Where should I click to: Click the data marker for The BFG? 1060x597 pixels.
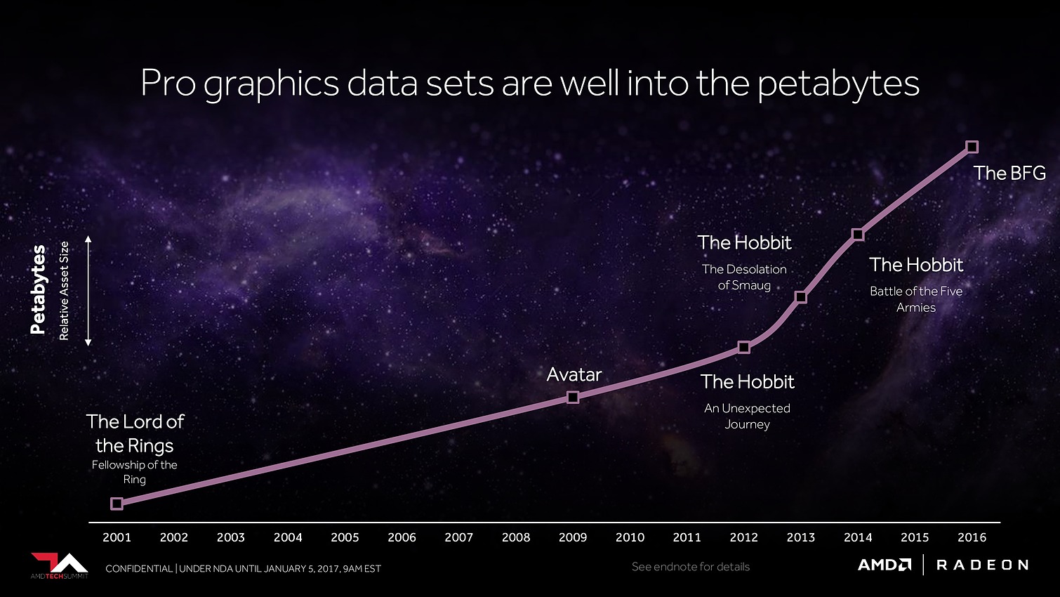972,147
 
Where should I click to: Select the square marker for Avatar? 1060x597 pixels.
573,398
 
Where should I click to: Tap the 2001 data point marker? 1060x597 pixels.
117,503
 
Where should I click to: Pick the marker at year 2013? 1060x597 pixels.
801,297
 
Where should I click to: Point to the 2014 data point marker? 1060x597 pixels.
858,234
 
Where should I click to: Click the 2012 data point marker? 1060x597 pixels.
744,347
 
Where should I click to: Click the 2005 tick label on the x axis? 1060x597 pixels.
345,537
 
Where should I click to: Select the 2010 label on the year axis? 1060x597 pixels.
630,537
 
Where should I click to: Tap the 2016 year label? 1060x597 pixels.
972,537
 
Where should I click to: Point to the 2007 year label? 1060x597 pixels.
458,537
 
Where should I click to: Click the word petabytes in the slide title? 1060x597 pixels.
838,84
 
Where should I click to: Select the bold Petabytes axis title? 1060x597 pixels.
38,289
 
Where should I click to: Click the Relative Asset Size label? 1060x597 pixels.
64,291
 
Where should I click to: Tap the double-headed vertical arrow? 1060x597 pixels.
88,291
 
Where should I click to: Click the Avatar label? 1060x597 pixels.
574,374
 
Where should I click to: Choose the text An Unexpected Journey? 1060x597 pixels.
747,416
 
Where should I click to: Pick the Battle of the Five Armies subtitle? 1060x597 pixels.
916,299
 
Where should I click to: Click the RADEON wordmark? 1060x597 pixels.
982,565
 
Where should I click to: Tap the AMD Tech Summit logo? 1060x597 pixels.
59,565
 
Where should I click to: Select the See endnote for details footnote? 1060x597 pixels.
691,567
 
